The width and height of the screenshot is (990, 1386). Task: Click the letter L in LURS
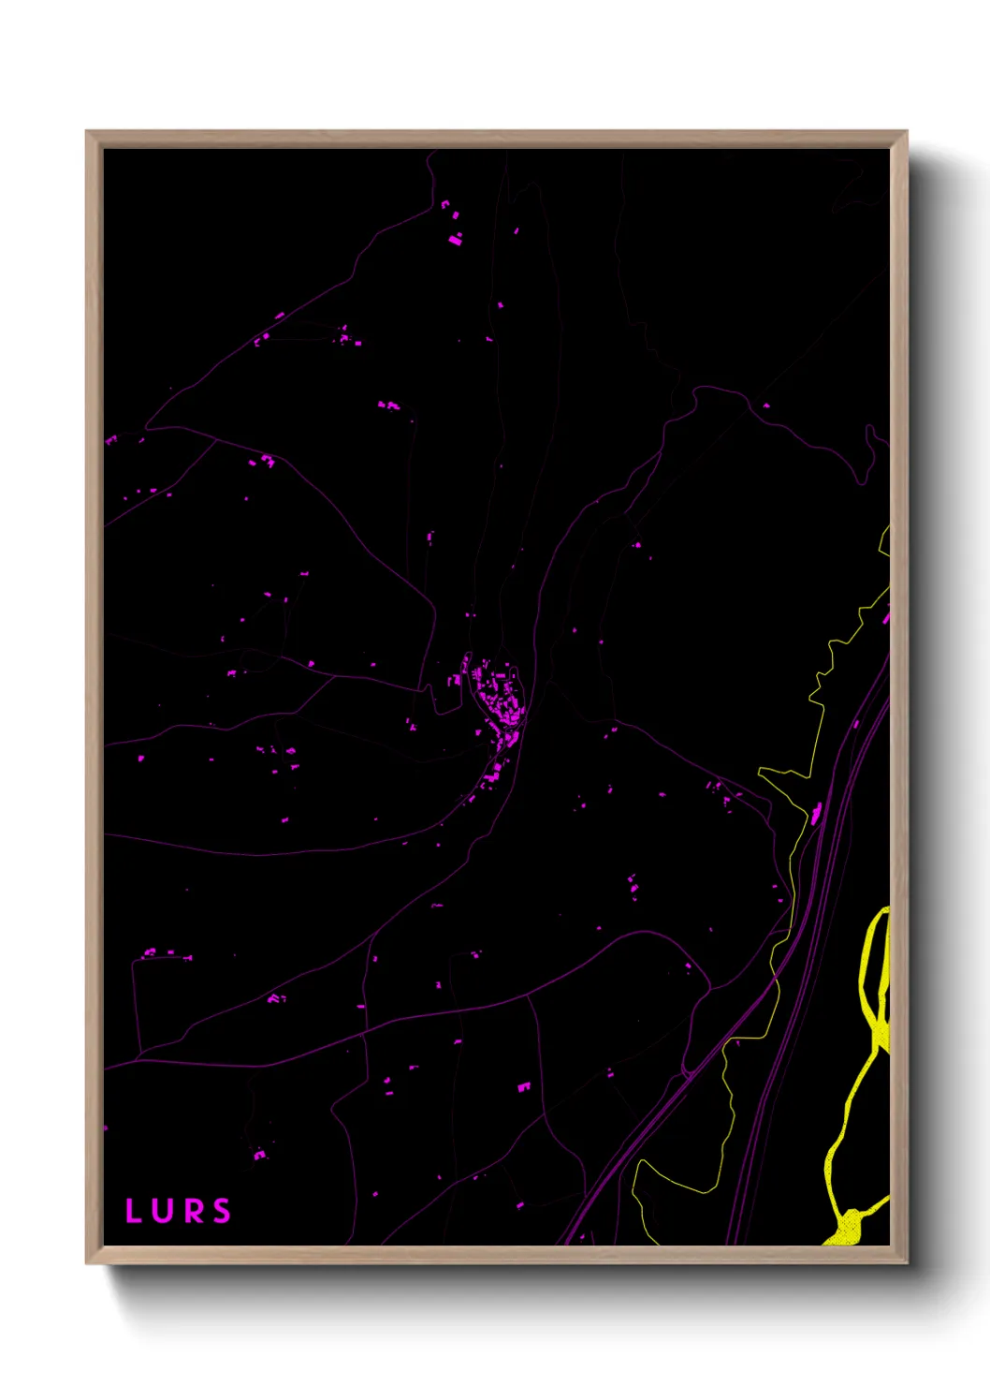click(133, 1211)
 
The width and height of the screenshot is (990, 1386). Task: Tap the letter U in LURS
click(163, 1211)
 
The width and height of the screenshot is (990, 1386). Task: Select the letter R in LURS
click(193, 1211)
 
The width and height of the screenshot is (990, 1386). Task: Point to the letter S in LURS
click(222, 1211)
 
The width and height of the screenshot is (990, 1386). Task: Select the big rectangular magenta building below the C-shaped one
click(455, 240)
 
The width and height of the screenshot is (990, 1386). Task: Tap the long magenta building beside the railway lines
click(816, 813)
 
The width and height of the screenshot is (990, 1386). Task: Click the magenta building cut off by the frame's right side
click(885, 616)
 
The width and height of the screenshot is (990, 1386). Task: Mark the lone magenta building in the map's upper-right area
click(766, 405)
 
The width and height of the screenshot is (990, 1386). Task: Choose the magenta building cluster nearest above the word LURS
click(259, 1155)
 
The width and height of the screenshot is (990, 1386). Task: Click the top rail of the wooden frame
click(496, 139)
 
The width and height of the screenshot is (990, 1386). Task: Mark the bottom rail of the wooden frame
click(496, 1254)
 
